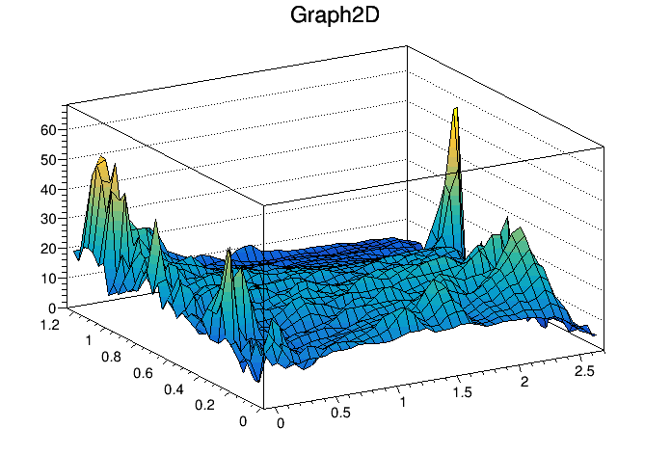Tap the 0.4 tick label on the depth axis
coord(174,389)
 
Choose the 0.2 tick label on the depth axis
coord(203,406)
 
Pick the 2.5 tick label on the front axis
coord(583,371)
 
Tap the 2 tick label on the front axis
coord(526,382)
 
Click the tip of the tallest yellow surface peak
coord(455,109)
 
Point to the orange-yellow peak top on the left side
coord(100,159)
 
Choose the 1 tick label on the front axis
coord(403,402)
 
